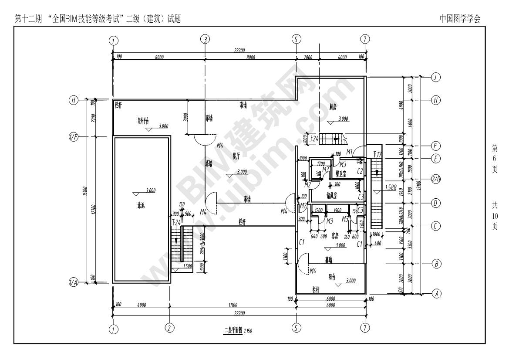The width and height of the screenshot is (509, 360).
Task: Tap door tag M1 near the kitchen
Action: click(x=349, y=151)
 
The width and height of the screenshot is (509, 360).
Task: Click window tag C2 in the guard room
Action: click(x=360, y=172)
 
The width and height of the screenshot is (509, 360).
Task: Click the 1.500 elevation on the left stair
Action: click(x=188, y=266)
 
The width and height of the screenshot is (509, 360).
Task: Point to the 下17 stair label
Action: click(x=378, y=154)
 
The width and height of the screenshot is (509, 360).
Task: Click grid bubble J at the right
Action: click(x=436, y=77)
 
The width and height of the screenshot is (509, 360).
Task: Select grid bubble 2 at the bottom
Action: click(x=169, y=327)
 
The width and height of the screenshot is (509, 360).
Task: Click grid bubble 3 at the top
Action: click(x=205, y=39)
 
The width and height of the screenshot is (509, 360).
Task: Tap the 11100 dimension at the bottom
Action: click(x=232, y=305)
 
